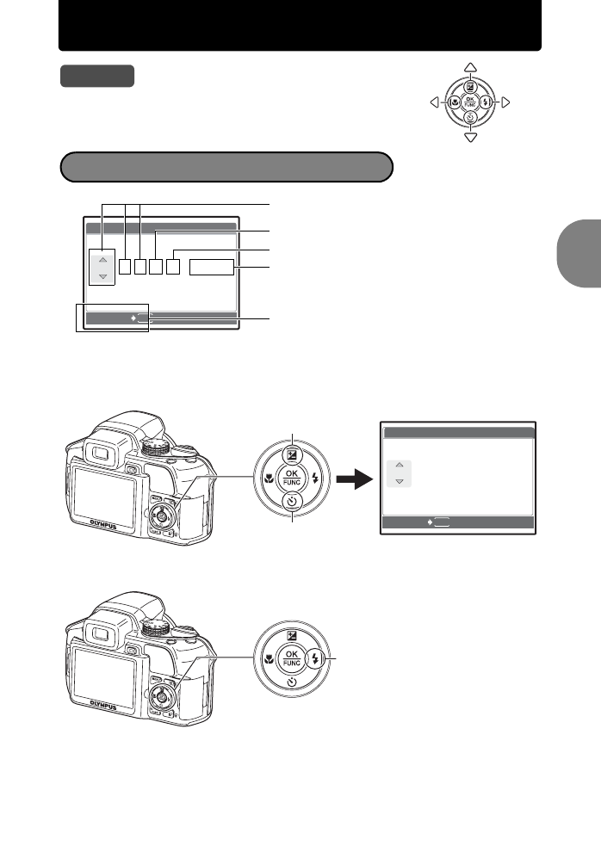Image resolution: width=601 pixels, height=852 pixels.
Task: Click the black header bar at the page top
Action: (x=300, y=25)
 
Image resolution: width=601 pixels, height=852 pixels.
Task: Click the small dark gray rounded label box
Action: (x=97, y=76)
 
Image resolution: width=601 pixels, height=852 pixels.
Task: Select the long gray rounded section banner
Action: (x=226, y=167)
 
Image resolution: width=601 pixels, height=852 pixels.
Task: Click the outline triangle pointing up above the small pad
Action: (x=470, y=68)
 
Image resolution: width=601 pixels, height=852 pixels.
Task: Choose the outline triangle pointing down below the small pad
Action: (x=470, y=137)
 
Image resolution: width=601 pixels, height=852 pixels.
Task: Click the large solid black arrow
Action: (x=352, y=478)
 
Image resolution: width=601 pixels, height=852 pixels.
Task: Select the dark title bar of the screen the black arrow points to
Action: (x=458, y=433)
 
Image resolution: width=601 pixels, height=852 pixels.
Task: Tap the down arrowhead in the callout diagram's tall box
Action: (x=102, y=276)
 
